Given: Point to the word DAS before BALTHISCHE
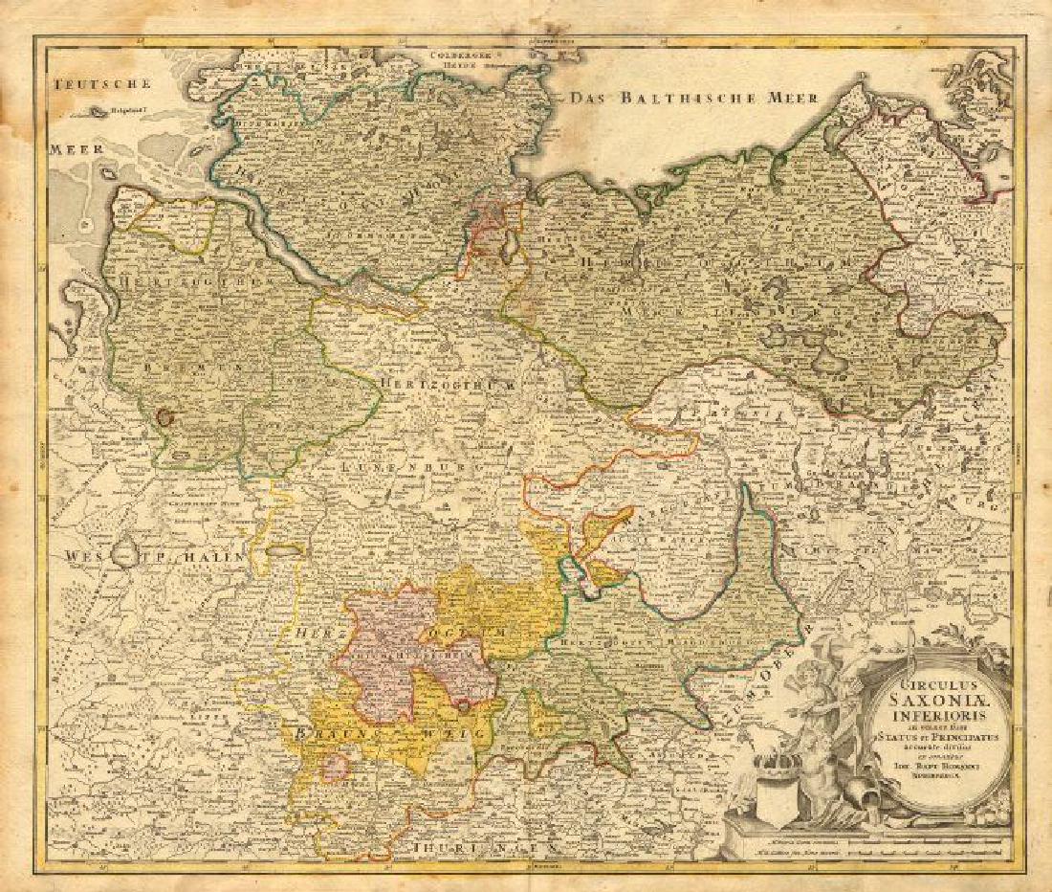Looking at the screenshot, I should coord(590,98).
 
